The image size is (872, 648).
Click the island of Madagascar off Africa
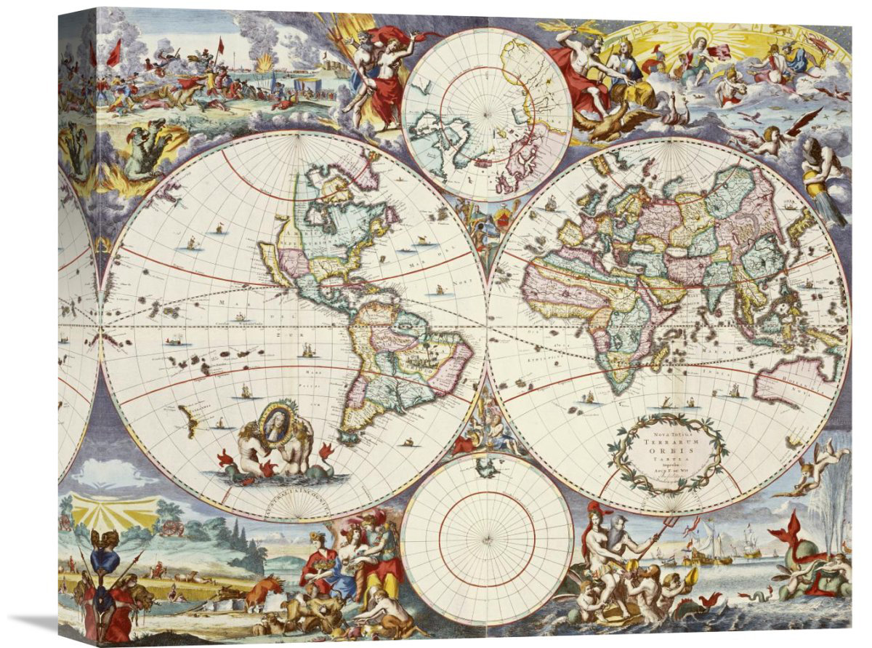[x=658, y=358]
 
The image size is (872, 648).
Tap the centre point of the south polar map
[x=486, y=538]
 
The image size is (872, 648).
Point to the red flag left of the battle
[x=114, y=54]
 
